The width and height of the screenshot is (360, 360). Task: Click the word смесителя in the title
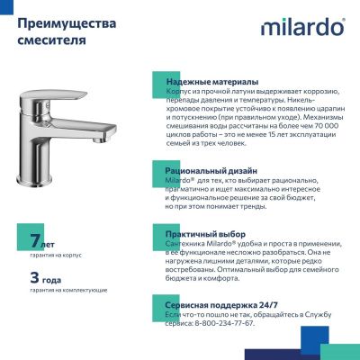click(x=48, y=40)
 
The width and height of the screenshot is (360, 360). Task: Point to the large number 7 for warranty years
click(x=35, y=240)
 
